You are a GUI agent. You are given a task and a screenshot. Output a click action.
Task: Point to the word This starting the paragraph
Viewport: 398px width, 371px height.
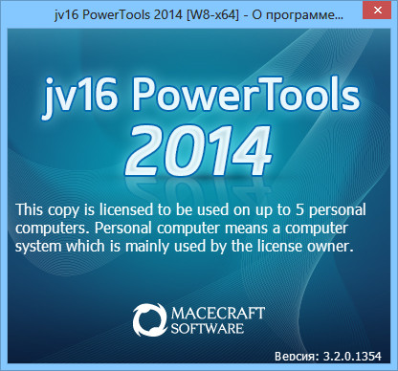point(33,209)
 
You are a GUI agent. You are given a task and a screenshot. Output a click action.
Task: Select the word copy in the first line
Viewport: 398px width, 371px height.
point(68,209)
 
